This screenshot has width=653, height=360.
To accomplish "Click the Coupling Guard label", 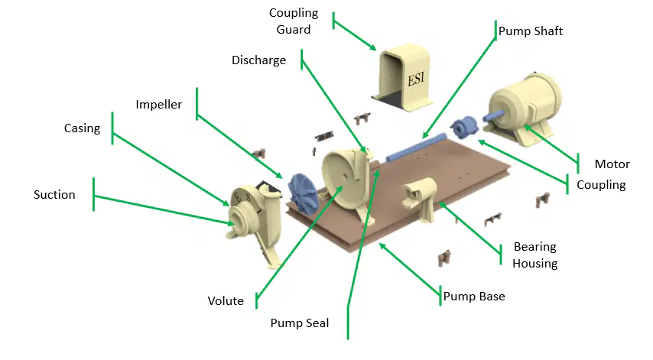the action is (x=294, y=21).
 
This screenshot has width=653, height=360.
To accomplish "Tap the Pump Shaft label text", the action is (x=531, y=31).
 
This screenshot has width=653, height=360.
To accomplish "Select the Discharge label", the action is (x=258, y=60).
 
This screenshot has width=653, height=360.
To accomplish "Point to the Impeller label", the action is (x=159, y=105).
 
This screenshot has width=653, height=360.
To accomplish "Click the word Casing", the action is (x=82, y=128).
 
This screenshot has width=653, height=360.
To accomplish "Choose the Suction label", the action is (x=54, y=195).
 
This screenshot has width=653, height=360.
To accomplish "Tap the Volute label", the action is (x=226, y=301).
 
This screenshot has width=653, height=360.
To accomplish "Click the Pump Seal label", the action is (x=300, y=323).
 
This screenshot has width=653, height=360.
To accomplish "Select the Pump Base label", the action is (x=474, y=297).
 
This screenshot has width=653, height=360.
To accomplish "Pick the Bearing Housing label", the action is (x=535, y=255).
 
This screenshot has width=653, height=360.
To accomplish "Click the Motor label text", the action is (x=612, y=164).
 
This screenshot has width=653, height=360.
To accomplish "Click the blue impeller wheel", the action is (x=303, y=194).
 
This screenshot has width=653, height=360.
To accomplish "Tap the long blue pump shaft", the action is (x=416, y=148).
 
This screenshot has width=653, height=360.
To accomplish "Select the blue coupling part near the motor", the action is (x=464, y=127).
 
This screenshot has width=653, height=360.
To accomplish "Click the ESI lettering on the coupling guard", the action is (x=416, y=78).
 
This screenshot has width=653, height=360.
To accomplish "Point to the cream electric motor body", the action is (x=525, y=109).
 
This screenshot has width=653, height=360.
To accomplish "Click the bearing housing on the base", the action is (x=419, y=199).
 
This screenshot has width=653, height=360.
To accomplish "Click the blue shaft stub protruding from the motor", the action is (x=493, y=115).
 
